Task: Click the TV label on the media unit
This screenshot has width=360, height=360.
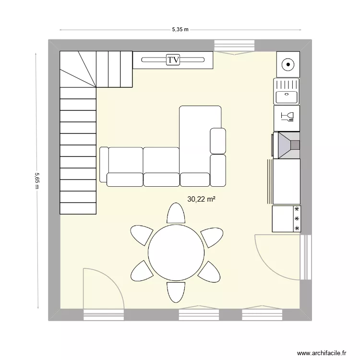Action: [x=173, y=60]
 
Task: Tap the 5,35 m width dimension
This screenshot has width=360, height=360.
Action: [x=180, y=30]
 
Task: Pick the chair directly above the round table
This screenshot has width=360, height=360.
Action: [x=176, y=214]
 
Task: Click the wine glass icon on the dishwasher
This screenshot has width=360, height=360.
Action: [x=287, y=116]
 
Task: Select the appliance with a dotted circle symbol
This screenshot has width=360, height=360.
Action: [x=288, y=63]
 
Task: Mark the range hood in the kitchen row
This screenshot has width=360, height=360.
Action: [x=287, y=144]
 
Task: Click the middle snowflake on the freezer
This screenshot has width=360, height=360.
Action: [x=297, y=219]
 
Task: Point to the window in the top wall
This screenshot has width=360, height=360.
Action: [x=234, y=46]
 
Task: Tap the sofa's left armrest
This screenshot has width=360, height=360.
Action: [x=104, y=165]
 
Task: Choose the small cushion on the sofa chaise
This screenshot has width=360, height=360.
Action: [x=218, y=141]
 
